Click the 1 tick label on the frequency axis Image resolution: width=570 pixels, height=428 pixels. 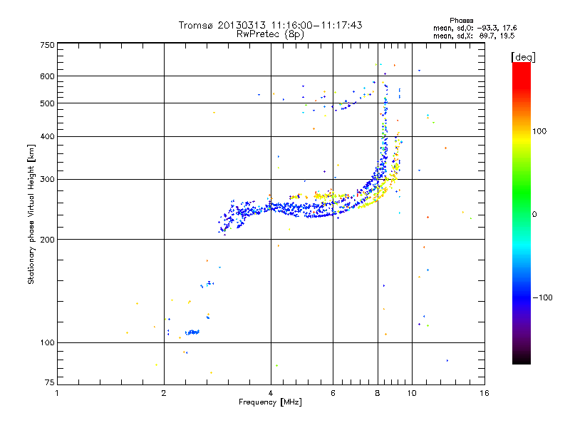(x=57, y=393)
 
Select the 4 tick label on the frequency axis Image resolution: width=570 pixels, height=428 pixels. (x=271, y=393)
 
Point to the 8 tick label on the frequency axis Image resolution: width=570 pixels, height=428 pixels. (x=378, y=393)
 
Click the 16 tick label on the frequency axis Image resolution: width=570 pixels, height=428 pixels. (x=484, y=393)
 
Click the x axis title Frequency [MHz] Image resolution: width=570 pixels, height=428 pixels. (x=271, y=403)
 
